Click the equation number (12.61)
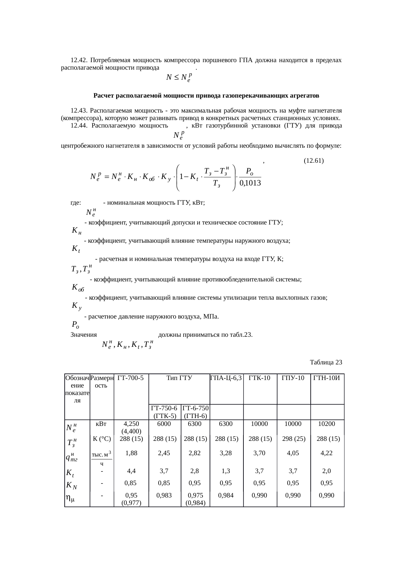(313, 161)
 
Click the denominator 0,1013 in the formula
(250, 183)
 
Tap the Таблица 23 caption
(326, 362)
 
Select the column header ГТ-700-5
(131, 378)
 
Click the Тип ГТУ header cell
(179, 378)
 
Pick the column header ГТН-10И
(327, 378)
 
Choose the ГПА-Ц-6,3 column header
(227, 378)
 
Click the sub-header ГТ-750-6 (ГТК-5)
(164, 412)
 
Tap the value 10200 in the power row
(327, 424)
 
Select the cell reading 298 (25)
(293, 439)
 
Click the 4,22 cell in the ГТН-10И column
(327, 453)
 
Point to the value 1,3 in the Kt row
(226, 471)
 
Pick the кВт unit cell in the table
(102, 424)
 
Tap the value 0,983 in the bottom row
(164, 496)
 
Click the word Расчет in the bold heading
(103, 96)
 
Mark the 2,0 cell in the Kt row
(327, 471)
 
